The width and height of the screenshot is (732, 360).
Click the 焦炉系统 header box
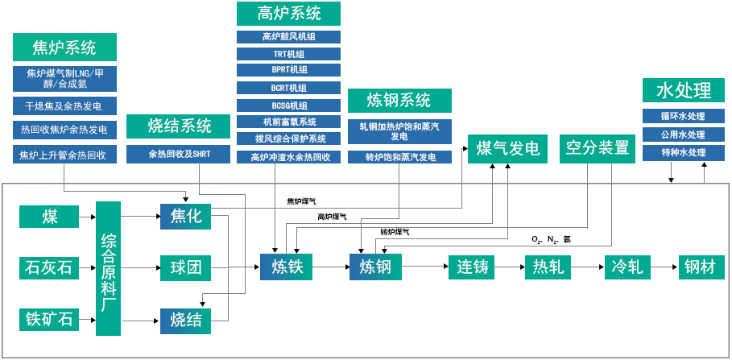(x=64, y=47)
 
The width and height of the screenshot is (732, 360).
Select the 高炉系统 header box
(x=288, y=14)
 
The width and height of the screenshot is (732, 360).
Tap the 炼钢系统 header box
(x=399, y=101)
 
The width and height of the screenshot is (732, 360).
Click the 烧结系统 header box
(x=179, y=126)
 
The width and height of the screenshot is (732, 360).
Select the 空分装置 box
(x=597, y=148)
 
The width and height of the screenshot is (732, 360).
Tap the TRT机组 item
(x=288, y=54)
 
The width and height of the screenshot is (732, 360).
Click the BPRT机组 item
(x=288, y=70)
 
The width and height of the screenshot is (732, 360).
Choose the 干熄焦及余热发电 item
(x=64, y=106)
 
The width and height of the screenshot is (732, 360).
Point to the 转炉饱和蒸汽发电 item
(x=399, y=157)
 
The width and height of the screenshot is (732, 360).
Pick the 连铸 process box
(x=472, y=267)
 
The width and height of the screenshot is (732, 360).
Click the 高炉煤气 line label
(x=332, y=216)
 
